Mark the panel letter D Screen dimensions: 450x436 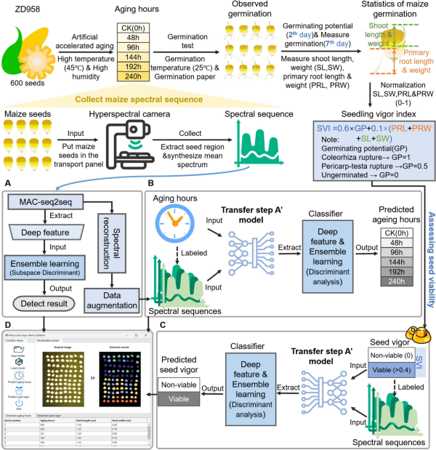pyautogui.click(x=8, y=325)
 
